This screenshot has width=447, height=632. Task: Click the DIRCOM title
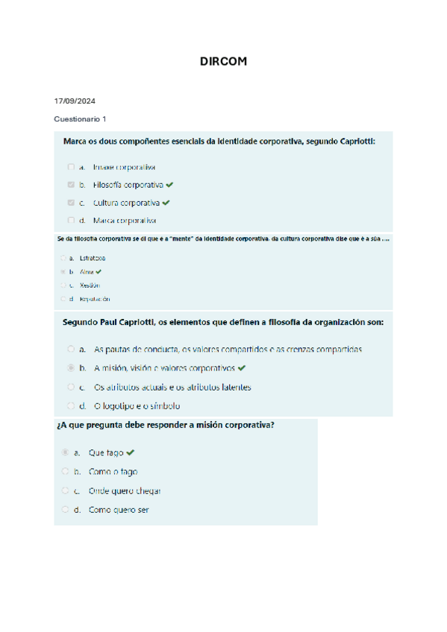coord(223,62)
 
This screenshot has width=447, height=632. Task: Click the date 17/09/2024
coord(75,101)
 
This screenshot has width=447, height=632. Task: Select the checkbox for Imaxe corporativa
coord(71,167)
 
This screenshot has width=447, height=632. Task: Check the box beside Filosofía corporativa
coord(71,185)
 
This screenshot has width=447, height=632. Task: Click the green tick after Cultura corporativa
coord(166,203)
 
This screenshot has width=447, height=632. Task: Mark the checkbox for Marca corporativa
coord(71,221)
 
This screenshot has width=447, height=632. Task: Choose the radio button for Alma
coord(63,272)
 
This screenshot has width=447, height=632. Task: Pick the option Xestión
coord(90,285)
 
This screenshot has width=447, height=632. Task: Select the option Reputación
coord(95,299)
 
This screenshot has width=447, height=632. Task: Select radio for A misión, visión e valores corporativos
coord(71,368)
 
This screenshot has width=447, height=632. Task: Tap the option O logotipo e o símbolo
coord(137,406)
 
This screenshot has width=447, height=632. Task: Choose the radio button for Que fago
coord(65,452)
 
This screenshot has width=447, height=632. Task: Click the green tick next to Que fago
coord(131,452)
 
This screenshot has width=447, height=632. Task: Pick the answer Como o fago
coord(113,472)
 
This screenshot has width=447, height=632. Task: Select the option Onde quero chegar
coord(125,490)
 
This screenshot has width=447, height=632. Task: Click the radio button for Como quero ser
coord(65,510)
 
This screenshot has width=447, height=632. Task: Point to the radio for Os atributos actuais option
coord(71,388)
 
